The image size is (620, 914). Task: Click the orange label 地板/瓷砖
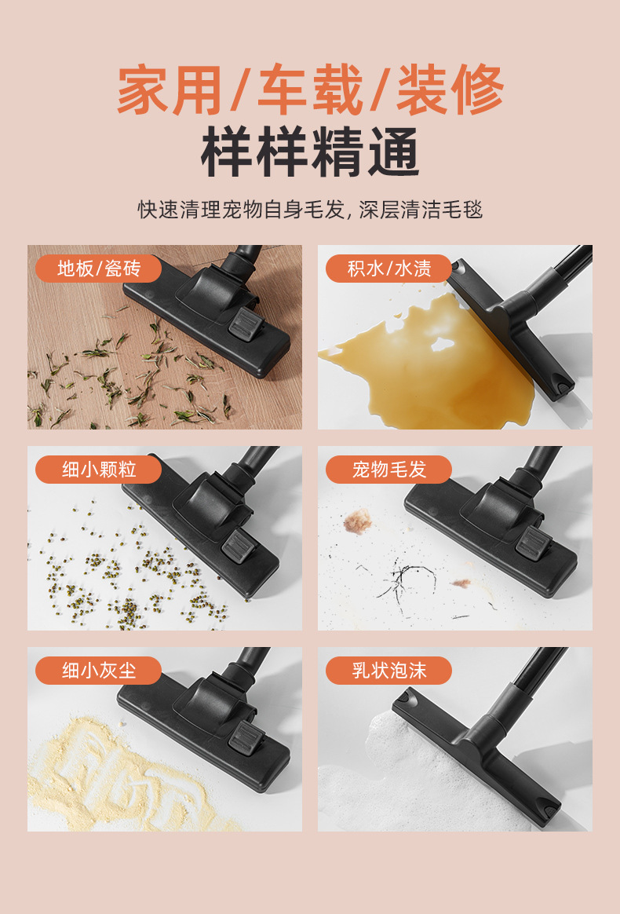98,269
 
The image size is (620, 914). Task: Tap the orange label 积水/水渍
388,269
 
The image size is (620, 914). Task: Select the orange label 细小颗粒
98,470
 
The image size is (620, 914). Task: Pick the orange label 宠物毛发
388,470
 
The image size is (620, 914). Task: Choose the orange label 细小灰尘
98,671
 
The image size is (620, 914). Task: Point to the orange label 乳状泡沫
388,671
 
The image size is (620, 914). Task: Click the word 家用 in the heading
169,90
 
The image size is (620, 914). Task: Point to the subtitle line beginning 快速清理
310,210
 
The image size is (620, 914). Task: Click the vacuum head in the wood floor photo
208,314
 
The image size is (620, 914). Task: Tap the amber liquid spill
424,353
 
